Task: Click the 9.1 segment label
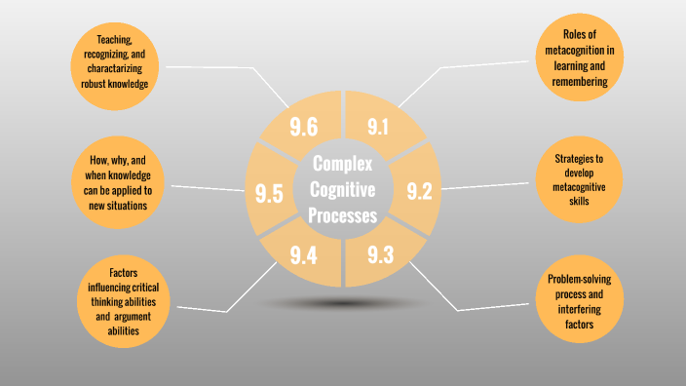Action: (x=378, y=126)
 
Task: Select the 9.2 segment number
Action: (x=419, y=191)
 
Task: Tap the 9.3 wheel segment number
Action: (x=381, y=256)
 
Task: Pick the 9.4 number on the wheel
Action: (x=304, y=256)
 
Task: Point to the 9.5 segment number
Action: (x=268, y=193)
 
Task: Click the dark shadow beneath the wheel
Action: (x=342, y=303)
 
